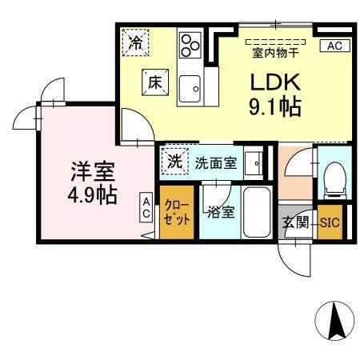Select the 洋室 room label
coord(94,170)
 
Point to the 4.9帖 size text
coord(94,194)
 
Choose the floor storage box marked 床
coord(155,81)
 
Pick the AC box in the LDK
coord(334,46)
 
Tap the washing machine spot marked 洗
coord(174,160)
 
